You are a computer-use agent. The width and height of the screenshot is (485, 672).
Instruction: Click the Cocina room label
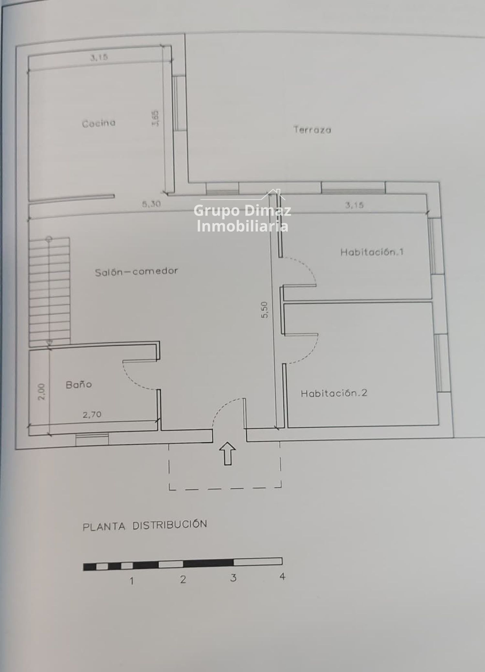point(99,123)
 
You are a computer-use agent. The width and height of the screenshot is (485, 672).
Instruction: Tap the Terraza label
point(312,130)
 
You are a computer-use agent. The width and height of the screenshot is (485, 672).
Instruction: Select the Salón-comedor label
point(136,271)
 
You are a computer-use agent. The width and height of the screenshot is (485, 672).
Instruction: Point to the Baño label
point(79,384)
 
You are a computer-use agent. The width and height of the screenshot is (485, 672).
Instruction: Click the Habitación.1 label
point(372,252)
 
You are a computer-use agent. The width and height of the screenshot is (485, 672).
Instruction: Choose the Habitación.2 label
point(334,393)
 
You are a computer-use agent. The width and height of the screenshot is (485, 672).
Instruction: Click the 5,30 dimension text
point(151,204)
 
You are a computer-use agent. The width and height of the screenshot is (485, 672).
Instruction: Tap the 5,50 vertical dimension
point(264,310)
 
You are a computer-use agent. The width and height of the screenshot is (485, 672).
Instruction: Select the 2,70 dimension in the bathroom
point(92,415)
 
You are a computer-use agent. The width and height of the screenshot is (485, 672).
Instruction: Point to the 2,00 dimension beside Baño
point(42,392)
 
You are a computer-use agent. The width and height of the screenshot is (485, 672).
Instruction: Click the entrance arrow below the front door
point(228,453)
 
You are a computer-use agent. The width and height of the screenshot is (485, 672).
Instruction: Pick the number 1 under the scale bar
point(131,581)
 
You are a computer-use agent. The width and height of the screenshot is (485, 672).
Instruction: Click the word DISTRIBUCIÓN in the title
point(170,525)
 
